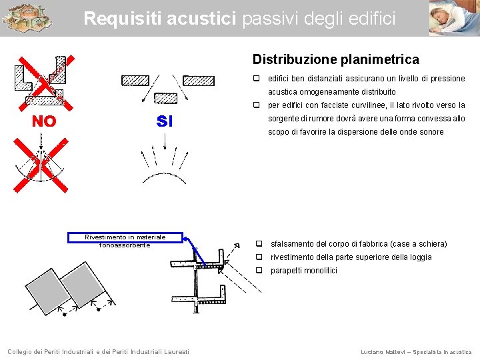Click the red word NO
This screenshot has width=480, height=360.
(45, 121)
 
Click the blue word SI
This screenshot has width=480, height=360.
(164, 121)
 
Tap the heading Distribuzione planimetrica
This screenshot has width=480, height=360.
(335, 59)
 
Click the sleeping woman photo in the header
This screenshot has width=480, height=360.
(453, 18)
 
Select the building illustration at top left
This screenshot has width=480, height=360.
(26, 18)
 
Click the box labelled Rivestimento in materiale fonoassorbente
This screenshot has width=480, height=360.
(125, 241)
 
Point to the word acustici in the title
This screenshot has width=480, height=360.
(205, 19)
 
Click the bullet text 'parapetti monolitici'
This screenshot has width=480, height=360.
(303, 270)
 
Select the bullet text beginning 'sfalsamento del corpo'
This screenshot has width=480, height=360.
(358, 243)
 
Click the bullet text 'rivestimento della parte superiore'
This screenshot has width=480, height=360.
(351, 257)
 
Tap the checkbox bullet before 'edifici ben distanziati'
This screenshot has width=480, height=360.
(256, 79)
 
